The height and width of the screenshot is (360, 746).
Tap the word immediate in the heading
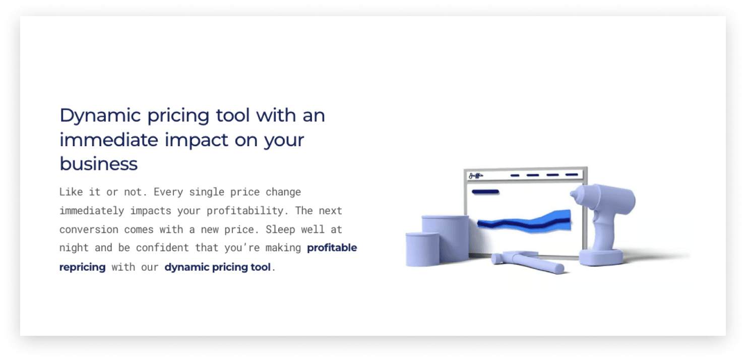(108, 140)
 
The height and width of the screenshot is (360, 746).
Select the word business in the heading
(99, 164)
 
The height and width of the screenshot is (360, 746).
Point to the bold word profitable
(332, 248)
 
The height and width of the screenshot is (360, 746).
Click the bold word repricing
(82, 267)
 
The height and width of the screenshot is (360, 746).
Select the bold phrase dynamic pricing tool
(217, 267)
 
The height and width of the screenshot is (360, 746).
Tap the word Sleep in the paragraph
(280, 229)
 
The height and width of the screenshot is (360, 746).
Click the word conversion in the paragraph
(89, 230)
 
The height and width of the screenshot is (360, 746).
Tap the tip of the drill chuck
(572, 194)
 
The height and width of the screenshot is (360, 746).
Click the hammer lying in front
(527, 261)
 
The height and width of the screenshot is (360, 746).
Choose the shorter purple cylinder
(422, 250)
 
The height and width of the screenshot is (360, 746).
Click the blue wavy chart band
(524, 221)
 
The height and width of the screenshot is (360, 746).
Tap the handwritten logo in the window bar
(476, 175)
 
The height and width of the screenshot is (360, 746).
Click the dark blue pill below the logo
(485, 192)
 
